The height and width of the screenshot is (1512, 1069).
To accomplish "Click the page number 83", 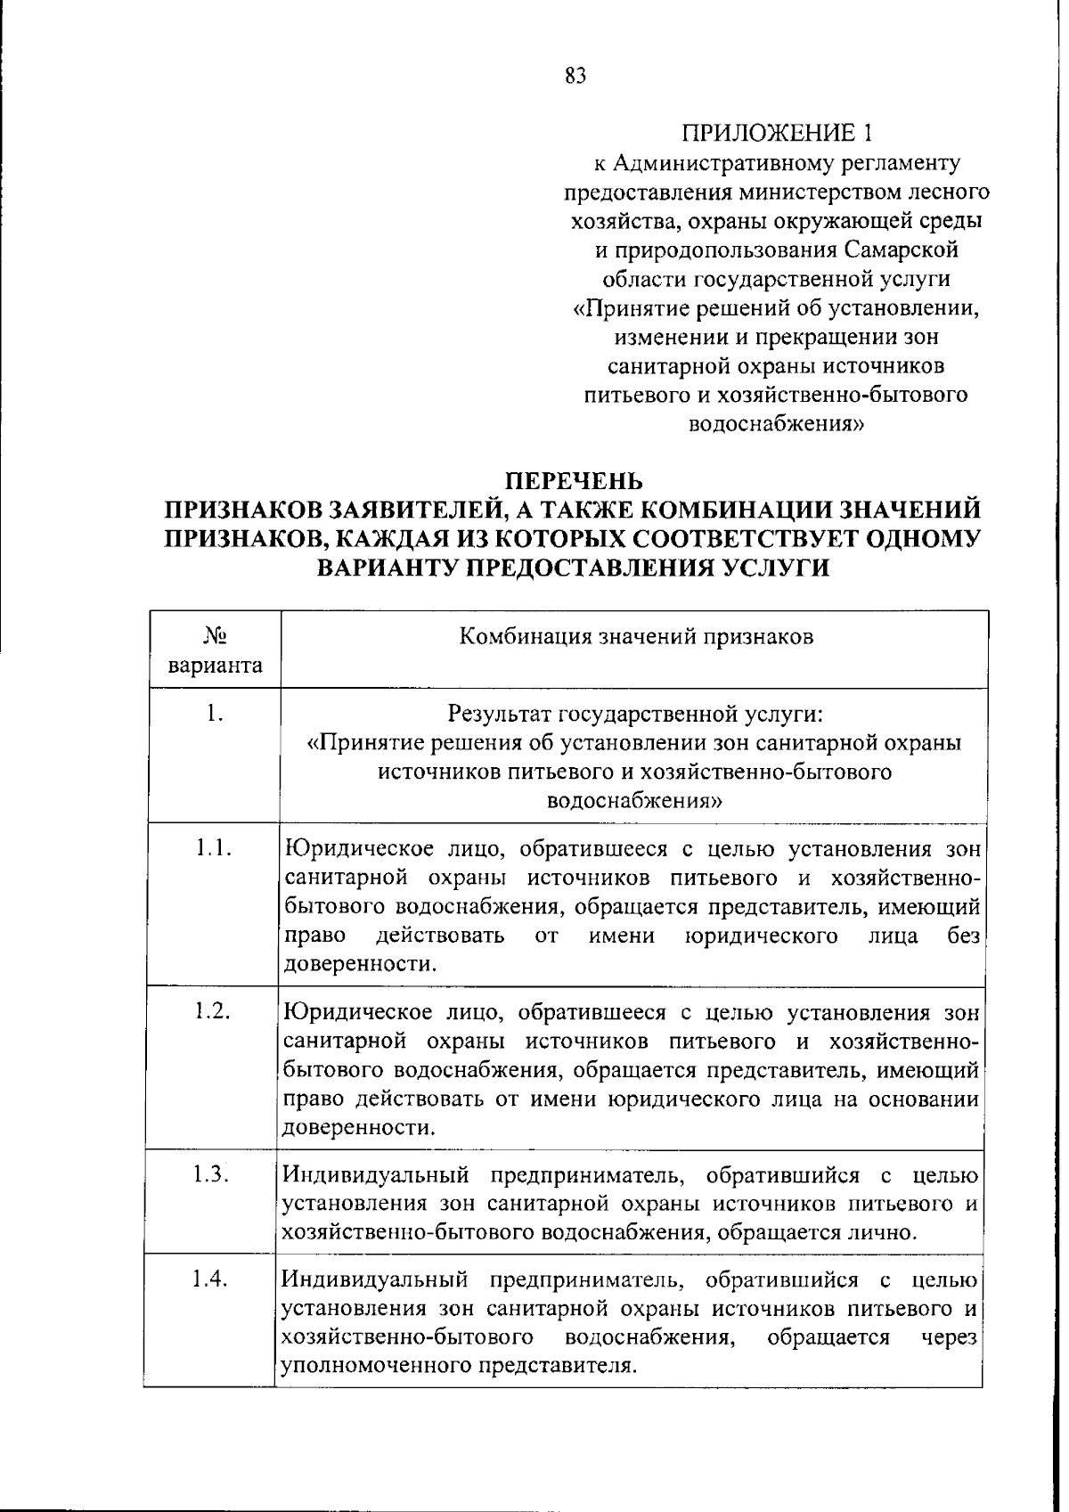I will [x=575, y=76].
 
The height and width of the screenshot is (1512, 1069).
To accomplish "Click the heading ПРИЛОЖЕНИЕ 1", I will [x=775, y=134].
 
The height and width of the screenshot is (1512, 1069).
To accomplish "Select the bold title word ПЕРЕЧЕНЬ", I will [x=574, y=482].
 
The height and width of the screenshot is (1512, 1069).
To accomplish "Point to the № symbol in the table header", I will [x=215, y=636].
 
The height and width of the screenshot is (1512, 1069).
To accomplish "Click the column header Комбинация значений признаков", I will [x=636, y=637].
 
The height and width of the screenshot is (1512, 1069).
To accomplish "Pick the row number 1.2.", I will [x=214, y=1011].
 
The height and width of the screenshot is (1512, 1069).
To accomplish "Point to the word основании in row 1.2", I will [x=926, y=1099].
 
